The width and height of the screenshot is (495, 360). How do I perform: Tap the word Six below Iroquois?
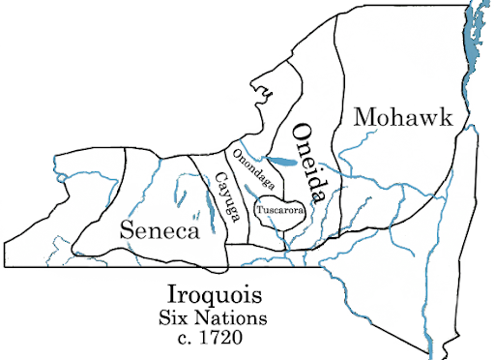(x=179, y=316)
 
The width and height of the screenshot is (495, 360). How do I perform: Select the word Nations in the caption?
(x=235, y=316)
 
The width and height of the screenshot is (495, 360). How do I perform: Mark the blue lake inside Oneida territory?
(x=283, y=161)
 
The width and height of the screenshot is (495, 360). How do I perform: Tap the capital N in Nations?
(x=206, y=316)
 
